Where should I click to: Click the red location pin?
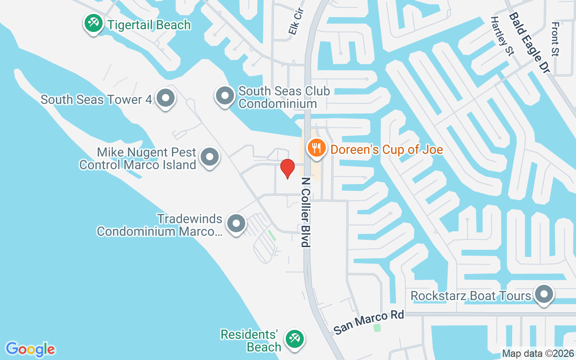pyautogui.click(x=287, y=168)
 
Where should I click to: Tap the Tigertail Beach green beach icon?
pyautogui.click(x=93, y=23)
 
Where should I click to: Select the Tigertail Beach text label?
pyautogui.click(x=149, y=25)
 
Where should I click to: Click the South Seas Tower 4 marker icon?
pyautogui.click(x=165, y=97)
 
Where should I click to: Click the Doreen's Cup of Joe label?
pyautogui.click(x=387, y=149)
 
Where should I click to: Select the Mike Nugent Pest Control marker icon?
pyautogui.click(x=209, y=157)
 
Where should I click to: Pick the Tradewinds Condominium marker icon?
pyautogui.click(x=236, y=223)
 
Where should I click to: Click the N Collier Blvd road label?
pyautogui.click(x=306, y=211)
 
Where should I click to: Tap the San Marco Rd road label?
pyautogui.click(x=369, y=322)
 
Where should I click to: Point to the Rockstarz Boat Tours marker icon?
pyautogui.click(x=544, y=294)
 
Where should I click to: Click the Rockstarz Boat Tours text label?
pyautogui.click(x=471, y=296)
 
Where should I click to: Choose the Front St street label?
pyautogui.click(x=555, y=39)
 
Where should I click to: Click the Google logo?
pyautogui.click(x=30, y=349)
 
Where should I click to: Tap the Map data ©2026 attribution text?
pyautogui.click(x=538, y=354)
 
